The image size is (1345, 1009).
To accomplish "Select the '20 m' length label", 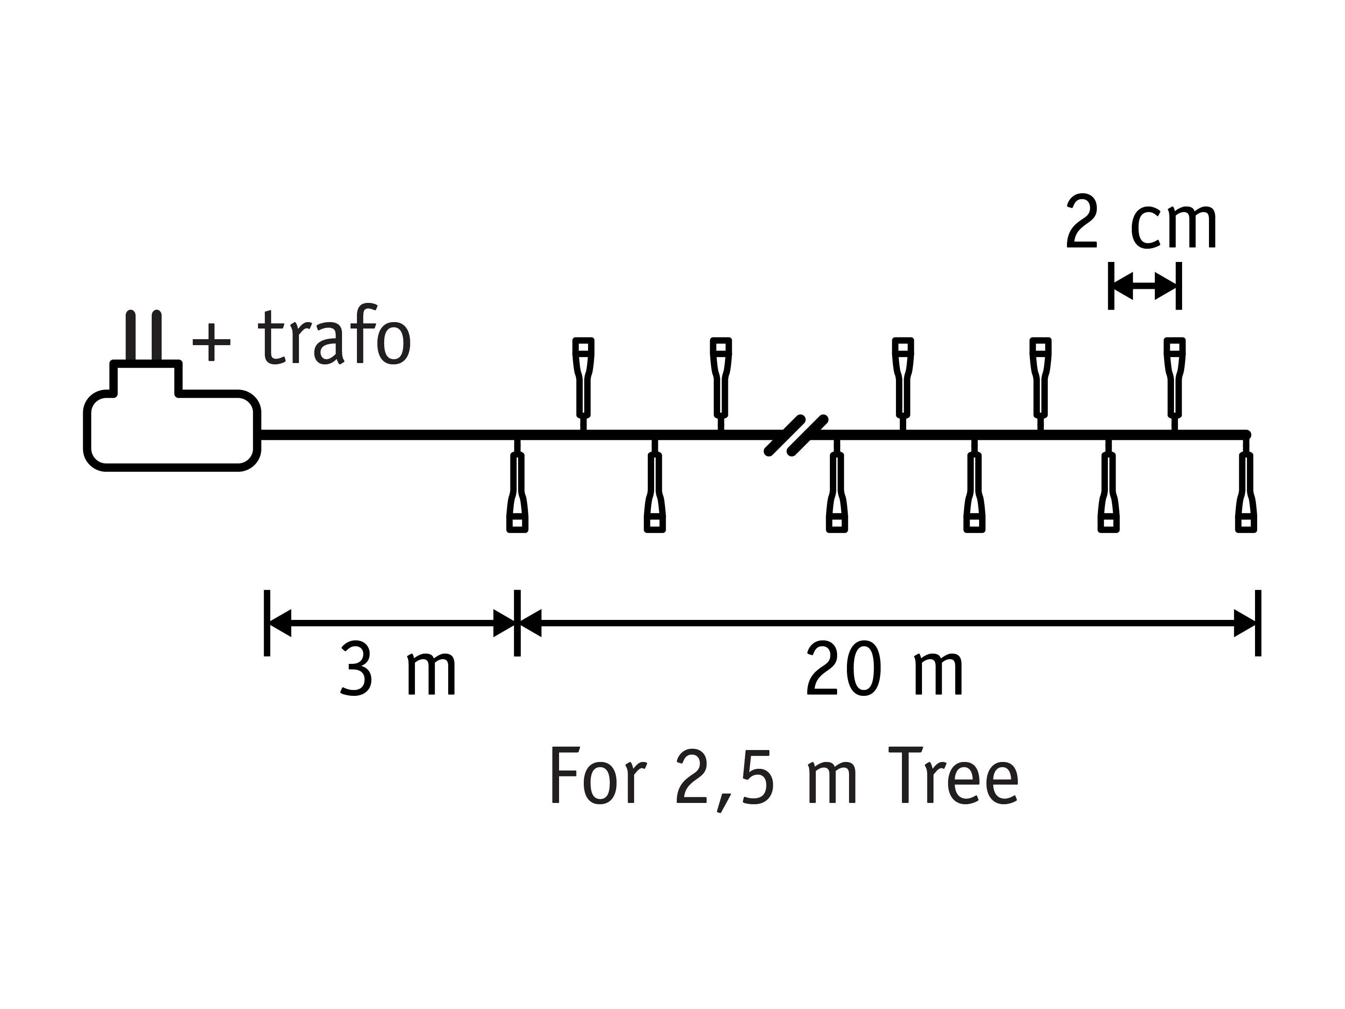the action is click(884, 671).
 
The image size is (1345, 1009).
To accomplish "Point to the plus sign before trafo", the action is click(212, 343).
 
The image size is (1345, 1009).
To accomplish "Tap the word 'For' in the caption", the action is click(598, 776).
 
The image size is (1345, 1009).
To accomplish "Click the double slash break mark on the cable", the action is click(796, 436).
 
